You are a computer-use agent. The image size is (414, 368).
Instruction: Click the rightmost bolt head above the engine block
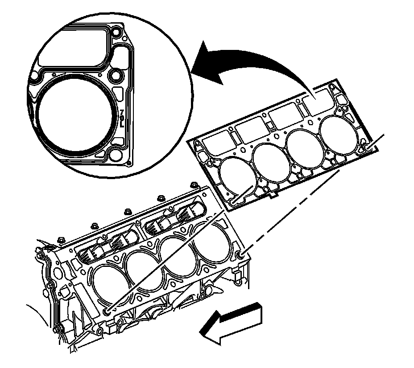click(x=194, y=184)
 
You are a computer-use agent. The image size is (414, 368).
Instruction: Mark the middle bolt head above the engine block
click(x=128, y=212)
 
